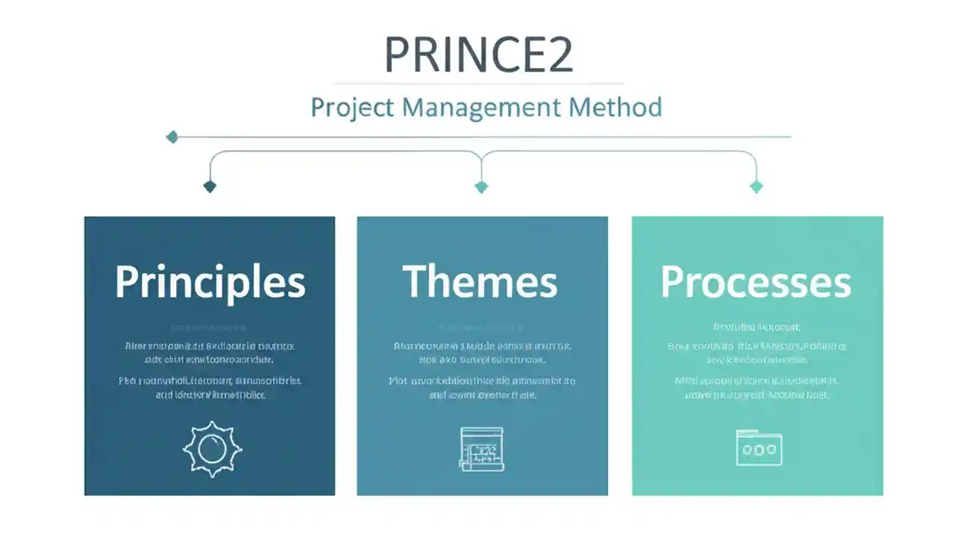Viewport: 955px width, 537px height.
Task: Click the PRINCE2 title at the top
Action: click(478, 54)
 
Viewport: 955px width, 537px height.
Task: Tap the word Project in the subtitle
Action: click(353, 107)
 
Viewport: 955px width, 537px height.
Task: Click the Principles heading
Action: click(210, 282)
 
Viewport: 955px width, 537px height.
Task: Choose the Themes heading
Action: click(480, 282)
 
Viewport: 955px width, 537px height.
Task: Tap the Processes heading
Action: click(756, 282)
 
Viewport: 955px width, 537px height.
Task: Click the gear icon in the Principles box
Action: click(213, 448)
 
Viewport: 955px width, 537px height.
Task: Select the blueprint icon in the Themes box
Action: click(481, 448)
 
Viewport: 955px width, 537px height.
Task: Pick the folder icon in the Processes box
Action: click(759, 447)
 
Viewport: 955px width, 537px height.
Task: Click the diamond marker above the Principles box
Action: click(210, 186)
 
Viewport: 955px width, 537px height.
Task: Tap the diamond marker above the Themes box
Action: click(481, 186)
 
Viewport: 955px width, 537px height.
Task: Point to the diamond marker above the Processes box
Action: click(756, 186)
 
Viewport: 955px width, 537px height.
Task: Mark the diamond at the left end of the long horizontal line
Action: click(172, 136)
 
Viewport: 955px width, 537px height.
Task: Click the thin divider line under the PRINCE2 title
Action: click(478, 84)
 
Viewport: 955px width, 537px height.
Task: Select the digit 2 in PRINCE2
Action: click(558, 54)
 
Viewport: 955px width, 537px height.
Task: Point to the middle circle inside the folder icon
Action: click(759, 450)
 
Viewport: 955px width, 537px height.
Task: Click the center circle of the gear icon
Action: click(213, 448)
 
